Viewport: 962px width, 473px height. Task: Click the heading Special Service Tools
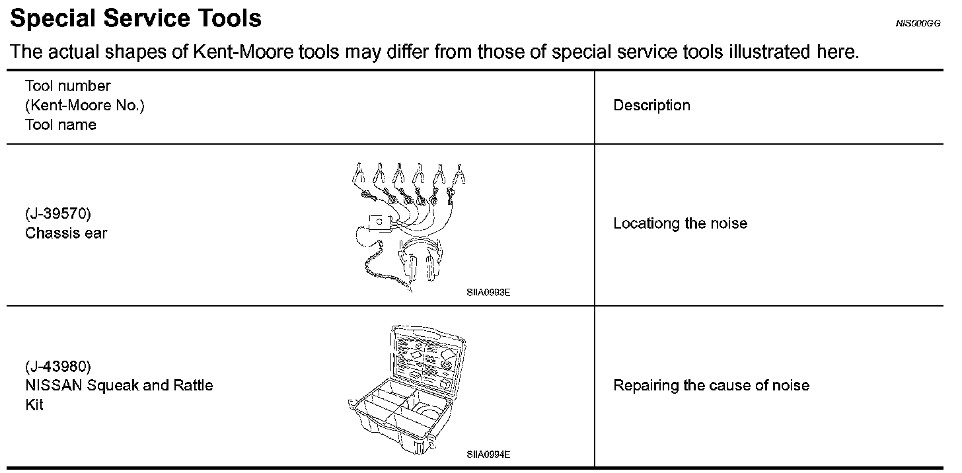pos(136,18)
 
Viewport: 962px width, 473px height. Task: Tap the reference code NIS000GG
pos(918,23)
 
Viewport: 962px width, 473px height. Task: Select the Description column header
pos(651,106)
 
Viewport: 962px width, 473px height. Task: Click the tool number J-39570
pos(58,214)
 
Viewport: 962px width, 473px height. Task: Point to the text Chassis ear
pos(66,233)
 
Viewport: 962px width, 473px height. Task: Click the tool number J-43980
pos(58,366)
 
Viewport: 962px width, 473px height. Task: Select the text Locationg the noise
pos(680,223)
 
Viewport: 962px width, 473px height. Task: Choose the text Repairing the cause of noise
pos(711,386)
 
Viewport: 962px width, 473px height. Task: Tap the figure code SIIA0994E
pos(488,455)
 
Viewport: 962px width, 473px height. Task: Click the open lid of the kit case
pos(428,357)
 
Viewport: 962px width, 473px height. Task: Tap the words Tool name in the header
pos(61,126)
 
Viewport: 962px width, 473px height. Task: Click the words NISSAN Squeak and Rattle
pos(119,386)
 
